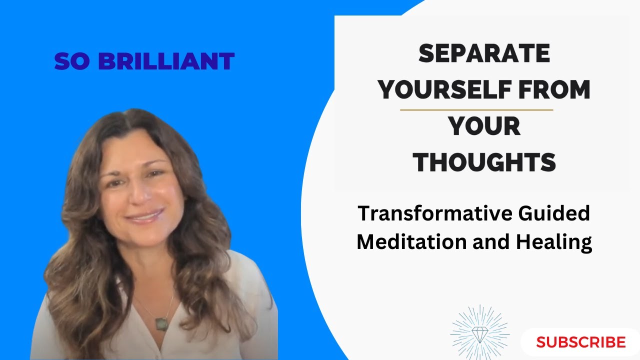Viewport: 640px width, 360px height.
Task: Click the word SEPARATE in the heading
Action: point(484,54)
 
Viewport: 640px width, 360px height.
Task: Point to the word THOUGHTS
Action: point(484,162)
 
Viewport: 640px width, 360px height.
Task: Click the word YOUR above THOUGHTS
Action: point(484,126)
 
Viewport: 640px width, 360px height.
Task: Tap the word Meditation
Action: point(409,242)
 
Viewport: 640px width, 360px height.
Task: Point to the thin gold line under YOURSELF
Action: point(476,109)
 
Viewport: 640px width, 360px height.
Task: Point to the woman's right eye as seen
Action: point(155,174)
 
